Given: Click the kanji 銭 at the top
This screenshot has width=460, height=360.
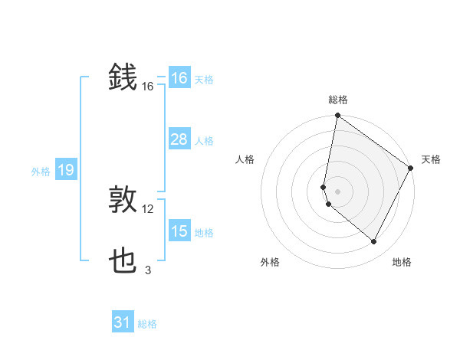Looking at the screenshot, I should tap(123, 78).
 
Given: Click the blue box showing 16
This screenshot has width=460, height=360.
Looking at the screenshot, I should tap(179, 78).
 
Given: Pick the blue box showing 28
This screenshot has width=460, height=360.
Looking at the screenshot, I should tap(179, 139).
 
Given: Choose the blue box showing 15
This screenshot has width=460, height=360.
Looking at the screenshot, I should tap(179, 231).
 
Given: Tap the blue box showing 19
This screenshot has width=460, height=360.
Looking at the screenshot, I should tap(65, 170).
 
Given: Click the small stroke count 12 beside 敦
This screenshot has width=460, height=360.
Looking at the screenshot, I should tap(148, 209).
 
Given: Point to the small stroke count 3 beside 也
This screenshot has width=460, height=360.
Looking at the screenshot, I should tap(148, 270).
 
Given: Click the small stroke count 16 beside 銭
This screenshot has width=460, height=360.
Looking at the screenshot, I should tap(148, 87).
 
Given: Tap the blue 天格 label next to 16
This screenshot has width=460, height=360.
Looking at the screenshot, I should tap(204, 79).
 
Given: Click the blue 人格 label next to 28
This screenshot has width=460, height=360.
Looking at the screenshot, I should tap(204, 140).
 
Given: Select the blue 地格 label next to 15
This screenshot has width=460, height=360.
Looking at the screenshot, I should tap(204, 232).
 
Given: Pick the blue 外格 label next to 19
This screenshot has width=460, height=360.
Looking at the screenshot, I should tap(41, 172).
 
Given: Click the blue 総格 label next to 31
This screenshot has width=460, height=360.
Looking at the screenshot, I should tap(147, 324).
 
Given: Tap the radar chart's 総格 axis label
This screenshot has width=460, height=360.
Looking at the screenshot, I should tap(337, 100).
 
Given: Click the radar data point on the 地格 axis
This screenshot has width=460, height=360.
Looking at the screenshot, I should tap(374, 242).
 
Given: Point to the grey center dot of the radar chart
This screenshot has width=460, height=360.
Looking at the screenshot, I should tap(337, 191).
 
